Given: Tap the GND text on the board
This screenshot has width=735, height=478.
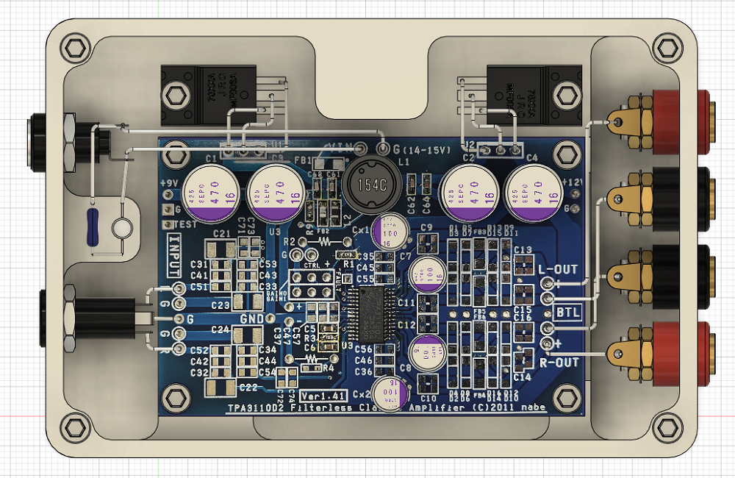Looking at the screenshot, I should point(252,318).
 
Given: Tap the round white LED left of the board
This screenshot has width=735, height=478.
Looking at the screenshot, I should point(122,227).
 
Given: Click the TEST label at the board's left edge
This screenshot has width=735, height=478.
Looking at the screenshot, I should point(176,224).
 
